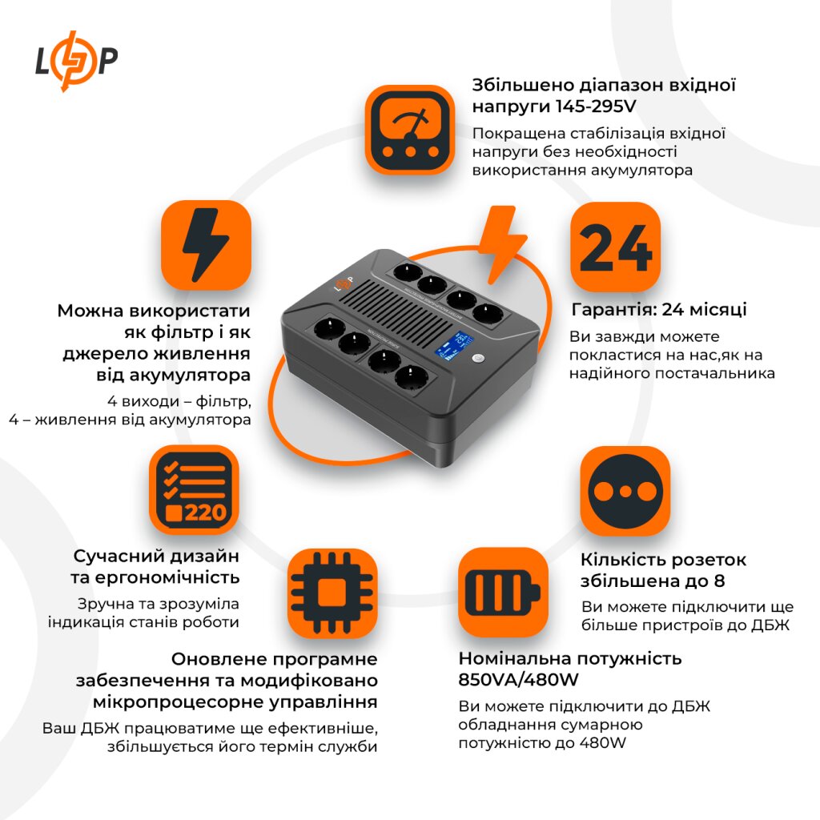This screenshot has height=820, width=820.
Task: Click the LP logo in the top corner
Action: [77, 61]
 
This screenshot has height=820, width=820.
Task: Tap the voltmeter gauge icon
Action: [410, 129]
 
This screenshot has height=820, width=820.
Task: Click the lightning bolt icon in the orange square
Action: [206, 245]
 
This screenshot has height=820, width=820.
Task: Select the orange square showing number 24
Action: [615, 247]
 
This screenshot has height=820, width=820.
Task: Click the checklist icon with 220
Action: [194, 490]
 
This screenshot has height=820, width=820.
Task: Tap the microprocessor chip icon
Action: [331, 592]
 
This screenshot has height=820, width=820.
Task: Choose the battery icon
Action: [503, 592]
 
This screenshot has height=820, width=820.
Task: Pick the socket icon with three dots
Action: [625, 490]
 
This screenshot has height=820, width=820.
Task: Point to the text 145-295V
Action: [562, 107]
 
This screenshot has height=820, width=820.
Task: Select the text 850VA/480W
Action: [519, 679]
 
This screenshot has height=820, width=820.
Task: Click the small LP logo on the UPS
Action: [344, 285]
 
